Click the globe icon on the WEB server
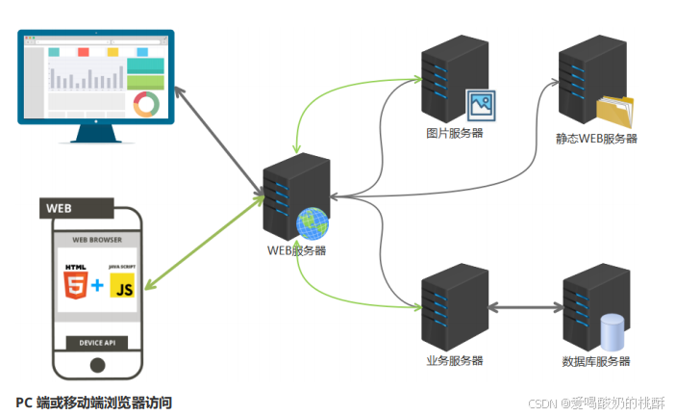click(312, 223)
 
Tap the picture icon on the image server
click(481, 106)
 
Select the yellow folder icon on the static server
click(615, 111)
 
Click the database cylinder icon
click(612, 332)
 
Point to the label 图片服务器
click(455, 133)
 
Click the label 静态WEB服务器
click(596, 139)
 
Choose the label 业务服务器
click(455, 360)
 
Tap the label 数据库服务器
click(596, 361)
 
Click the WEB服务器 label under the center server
click(296, 250)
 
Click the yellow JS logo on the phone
click(122, 285)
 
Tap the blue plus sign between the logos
click(98, 285)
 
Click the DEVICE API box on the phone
click(97, 343)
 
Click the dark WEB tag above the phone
click(77, 208)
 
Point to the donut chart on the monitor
click(146, 104)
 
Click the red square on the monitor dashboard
click(84, 52)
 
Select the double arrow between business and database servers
click(526, 307)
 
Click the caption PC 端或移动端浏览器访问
click(94, 403)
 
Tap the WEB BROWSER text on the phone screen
click(97, 240)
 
